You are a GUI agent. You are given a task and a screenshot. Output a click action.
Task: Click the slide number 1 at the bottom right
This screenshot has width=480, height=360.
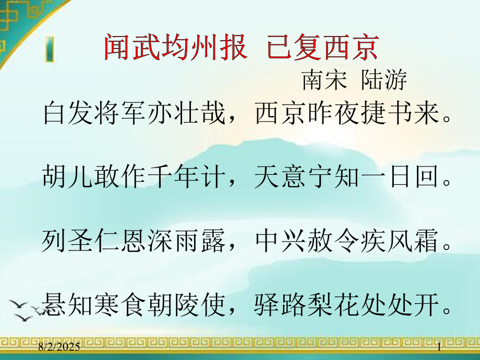point(439,347)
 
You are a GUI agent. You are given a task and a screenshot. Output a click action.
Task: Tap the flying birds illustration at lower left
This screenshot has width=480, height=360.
point(26,309)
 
